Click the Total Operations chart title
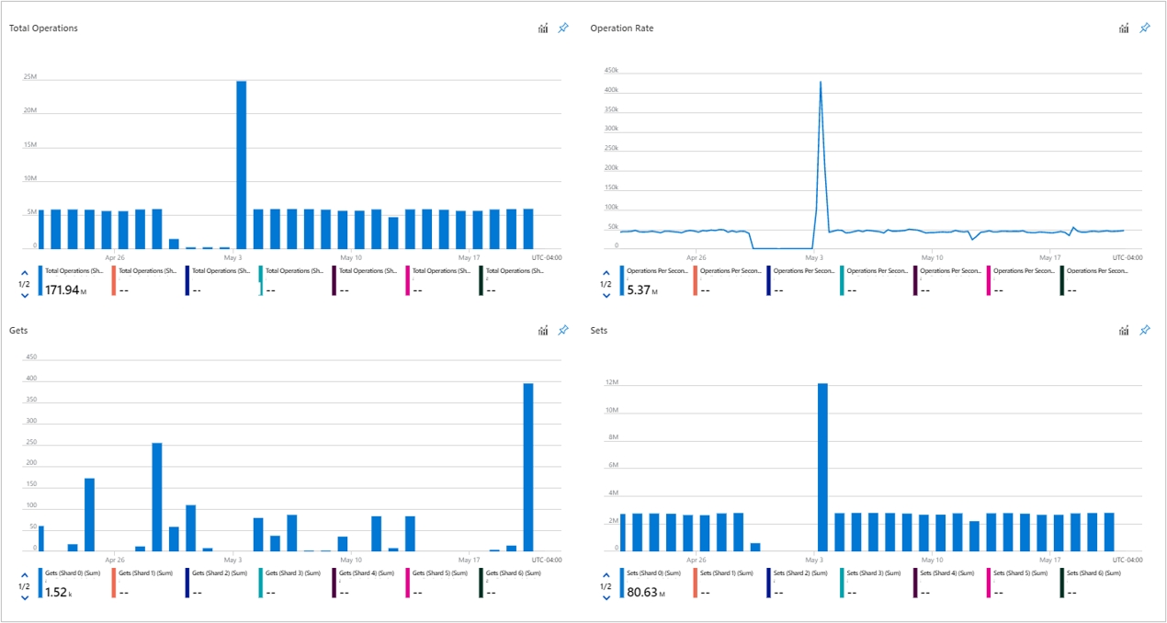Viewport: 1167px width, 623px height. [43, 28]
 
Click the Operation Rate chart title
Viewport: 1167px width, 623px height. [622, 28]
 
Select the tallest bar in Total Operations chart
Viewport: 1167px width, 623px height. [242, 165]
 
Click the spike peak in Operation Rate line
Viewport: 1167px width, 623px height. [820, 83]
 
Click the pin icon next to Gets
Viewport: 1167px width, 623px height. [563, 330]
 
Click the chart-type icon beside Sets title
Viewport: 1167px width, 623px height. [1124, 330]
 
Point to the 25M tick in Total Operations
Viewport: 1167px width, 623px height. [30, 77]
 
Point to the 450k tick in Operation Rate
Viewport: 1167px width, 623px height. [610, 71]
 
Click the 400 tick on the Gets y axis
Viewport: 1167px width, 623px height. [30, 379]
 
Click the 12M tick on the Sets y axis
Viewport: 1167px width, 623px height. [611, 382]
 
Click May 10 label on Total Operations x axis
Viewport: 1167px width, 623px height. [351, 258]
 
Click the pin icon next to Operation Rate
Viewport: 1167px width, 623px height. [1145, 28]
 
